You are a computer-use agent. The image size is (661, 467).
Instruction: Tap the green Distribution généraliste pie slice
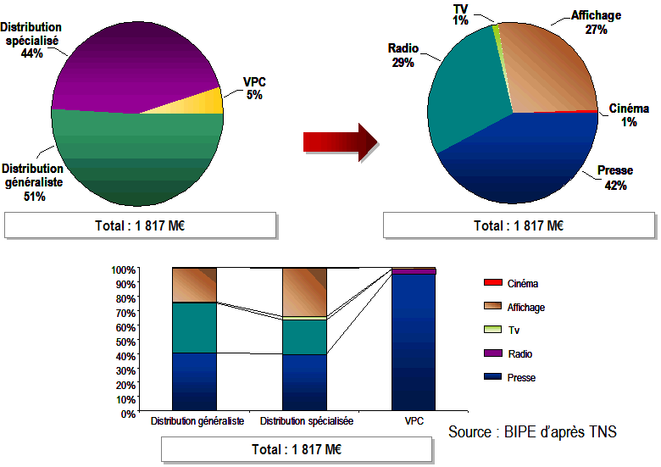136,161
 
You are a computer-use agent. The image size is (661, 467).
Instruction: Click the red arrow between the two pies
339,141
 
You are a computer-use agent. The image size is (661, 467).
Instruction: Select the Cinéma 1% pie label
629,115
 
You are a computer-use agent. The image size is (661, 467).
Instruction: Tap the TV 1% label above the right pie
461,14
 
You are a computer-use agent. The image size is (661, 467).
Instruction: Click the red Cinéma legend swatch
492,283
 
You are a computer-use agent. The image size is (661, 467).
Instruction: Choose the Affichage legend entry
525,308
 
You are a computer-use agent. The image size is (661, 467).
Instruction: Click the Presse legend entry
521,377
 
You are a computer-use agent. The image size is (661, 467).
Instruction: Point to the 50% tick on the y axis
123,342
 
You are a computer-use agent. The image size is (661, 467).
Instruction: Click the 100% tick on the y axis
121,270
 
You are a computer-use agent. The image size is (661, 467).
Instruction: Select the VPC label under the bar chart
414,421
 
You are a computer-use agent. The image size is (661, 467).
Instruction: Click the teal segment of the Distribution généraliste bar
194,327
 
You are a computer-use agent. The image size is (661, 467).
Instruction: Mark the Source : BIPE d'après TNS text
532,432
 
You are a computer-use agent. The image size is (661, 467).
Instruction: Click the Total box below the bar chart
297,449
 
